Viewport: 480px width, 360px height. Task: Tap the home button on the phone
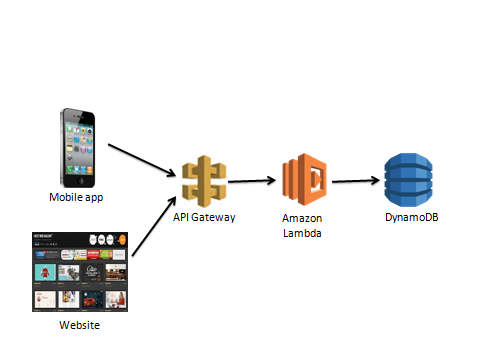77,181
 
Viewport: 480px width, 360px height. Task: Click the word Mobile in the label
66,198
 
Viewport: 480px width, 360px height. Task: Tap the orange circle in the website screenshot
121,240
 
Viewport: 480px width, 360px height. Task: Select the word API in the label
184,216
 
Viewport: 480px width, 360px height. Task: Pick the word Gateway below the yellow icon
215,216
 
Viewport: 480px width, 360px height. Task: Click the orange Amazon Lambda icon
301,179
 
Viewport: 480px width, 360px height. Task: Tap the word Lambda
301,231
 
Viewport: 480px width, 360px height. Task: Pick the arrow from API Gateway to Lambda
256,181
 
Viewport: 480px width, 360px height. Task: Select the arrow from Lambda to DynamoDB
355,181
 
